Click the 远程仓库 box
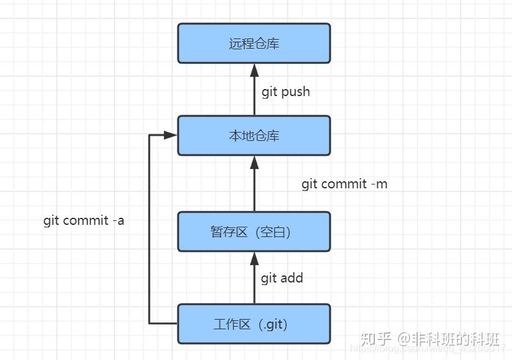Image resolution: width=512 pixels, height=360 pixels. coord(254,44)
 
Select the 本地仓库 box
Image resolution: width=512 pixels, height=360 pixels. coord(254,136)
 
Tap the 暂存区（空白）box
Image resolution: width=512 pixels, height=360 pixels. coord(254,231)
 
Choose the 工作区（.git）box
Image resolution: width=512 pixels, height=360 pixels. coord(254,323)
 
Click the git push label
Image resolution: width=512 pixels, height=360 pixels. coord(285,92)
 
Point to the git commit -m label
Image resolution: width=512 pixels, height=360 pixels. coord(344,184)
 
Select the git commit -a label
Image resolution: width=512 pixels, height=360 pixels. coord(83,220)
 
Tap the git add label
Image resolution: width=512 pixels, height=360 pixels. coord(282,278)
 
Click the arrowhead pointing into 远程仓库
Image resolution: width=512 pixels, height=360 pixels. coord(254,70)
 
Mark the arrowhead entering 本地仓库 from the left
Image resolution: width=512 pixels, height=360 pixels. coord(170,136)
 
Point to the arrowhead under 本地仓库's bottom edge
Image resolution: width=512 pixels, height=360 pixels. coord(254,162)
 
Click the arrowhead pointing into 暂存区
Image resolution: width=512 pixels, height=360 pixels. coord(254,258)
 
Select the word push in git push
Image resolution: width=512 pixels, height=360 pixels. coord(295,92)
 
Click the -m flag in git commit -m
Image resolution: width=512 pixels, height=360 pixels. coord(379,184)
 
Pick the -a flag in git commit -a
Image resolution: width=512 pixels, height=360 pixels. coord(117,220)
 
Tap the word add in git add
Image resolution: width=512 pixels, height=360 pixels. coord(292,278)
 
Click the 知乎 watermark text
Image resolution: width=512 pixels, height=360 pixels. coord(376,338)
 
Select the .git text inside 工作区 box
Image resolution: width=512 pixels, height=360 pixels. coord(272,323)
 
